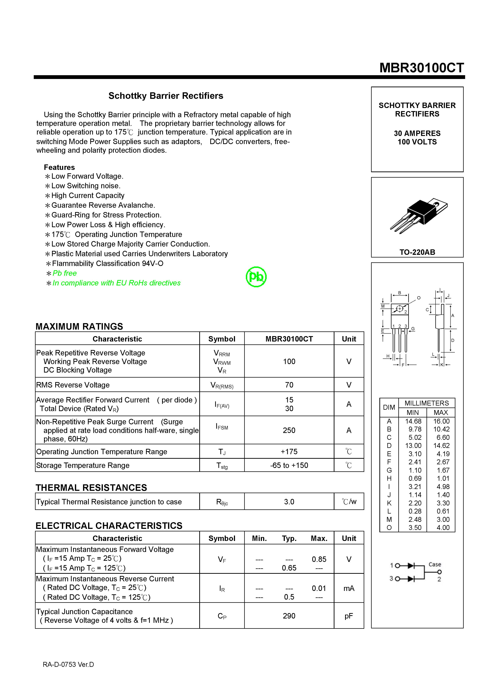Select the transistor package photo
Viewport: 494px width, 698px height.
click(x=419, y=216)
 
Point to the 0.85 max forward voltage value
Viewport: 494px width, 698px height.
click(x=319, y=559)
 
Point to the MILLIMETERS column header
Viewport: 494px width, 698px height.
click(x=426, y=403)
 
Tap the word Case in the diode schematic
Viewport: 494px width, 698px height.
click(x=435, y=564)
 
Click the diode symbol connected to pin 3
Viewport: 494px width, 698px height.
click(x=411, y=578)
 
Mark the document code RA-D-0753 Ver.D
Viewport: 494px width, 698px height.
click(x=68, y=665)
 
